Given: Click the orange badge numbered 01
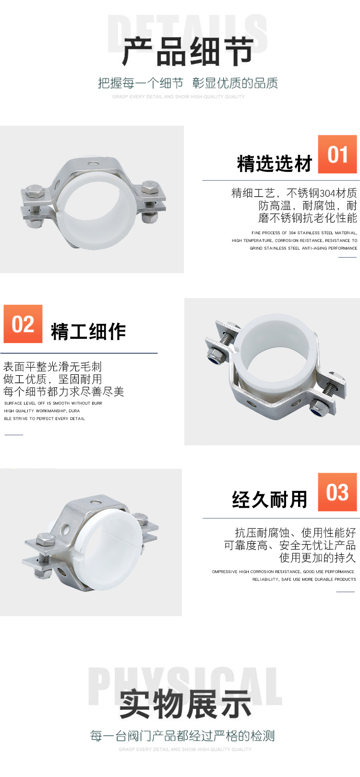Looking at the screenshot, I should point(337,155).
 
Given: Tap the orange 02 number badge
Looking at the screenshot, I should point(23,324).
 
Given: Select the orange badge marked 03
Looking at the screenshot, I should point(337,492).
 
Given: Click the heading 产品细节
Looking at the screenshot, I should point(188,51).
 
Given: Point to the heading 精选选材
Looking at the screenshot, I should point(275,164).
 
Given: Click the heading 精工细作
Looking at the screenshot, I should point(88,332).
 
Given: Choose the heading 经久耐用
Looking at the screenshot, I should point(270,500).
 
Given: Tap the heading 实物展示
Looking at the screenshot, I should point(185,705).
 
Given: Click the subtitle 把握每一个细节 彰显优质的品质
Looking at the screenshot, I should point(188,83).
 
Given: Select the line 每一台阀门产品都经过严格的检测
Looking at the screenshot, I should point(182,736).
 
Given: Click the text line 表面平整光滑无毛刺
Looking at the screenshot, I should point(53,367).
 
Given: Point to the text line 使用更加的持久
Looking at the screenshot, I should point(317,558).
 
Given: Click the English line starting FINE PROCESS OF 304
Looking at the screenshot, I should point(304,233).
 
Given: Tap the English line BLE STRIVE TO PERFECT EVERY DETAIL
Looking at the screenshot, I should point(45,418).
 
